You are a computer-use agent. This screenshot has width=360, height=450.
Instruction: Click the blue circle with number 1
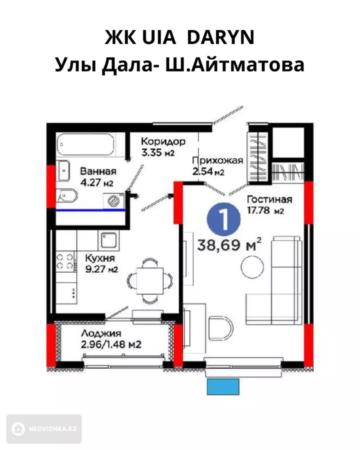pos(223,219)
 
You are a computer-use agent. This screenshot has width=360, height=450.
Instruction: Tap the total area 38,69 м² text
pos(229,245)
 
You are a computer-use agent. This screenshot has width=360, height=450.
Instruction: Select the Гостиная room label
pos(269,199)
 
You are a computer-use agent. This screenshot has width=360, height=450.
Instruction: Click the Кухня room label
pos(100,258)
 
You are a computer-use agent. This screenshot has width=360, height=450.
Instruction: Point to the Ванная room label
pos(98,171)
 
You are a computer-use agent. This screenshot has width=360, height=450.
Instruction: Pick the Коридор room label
pos(163,141)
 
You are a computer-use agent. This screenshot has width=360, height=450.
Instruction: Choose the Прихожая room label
pos(217,161)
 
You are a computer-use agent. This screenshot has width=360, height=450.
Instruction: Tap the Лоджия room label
pos(101,333)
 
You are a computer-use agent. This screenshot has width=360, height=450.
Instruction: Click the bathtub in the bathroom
pos(85,144)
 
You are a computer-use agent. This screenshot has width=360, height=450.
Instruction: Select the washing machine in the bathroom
pos(114,200)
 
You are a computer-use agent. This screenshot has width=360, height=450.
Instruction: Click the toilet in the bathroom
pos(66,196)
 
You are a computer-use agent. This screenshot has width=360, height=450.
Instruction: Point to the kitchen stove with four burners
pos(65,261)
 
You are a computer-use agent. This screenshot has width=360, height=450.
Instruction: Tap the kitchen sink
pos(108,240)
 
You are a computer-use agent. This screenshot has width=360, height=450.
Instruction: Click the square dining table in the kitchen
pos(150,281)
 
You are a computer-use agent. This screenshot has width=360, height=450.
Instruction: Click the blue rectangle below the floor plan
pos(223,386)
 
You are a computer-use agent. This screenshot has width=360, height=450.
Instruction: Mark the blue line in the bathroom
pos(90,210)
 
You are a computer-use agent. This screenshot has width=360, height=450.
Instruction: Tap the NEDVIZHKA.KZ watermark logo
pos(44,429)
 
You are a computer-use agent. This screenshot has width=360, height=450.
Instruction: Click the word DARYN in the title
pos(220,37)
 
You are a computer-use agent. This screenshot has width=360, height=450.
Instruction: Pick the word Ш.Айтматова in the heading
pos(234,65)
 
